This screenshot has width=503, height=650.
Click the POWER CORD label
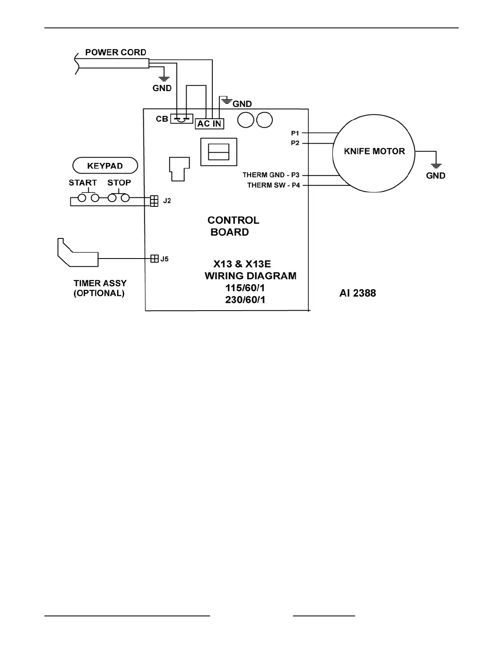pos(115,53)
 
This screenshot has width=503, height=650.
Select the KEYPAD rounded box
pos(105,166)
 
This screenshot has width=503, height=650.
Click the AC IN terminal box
pos(210,124)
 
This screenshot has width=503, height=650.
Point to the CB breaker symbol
pos(181,119)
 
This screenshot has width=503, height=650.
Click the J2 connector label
pos(167,201)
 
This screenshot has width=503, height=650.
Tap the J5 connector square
pos(155,259)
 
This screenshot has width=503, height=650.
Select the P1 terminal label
pos(295,133)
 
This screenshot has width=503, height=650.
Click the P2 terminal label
pos(295,143)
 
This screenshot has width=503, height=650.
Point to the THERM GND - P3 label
pos(271,175)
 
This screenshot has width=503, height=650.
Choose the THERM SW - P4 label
pos(273,185)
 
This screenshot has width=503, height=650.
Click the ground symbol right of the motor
pos(436,165)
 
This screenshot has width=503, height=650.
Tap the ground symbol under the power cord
pos(164,78)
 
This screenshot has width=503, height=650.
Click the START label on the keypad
pos(83,183)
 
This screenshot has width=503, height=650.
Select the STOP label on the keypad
pos(119,183)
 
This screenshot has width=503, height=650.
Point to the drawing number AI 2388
pos(358,293)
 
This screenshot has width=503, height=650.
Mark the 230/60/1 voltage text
pos(245,300)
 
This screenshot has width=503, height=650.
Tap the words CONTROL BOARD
pos(233,226)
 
